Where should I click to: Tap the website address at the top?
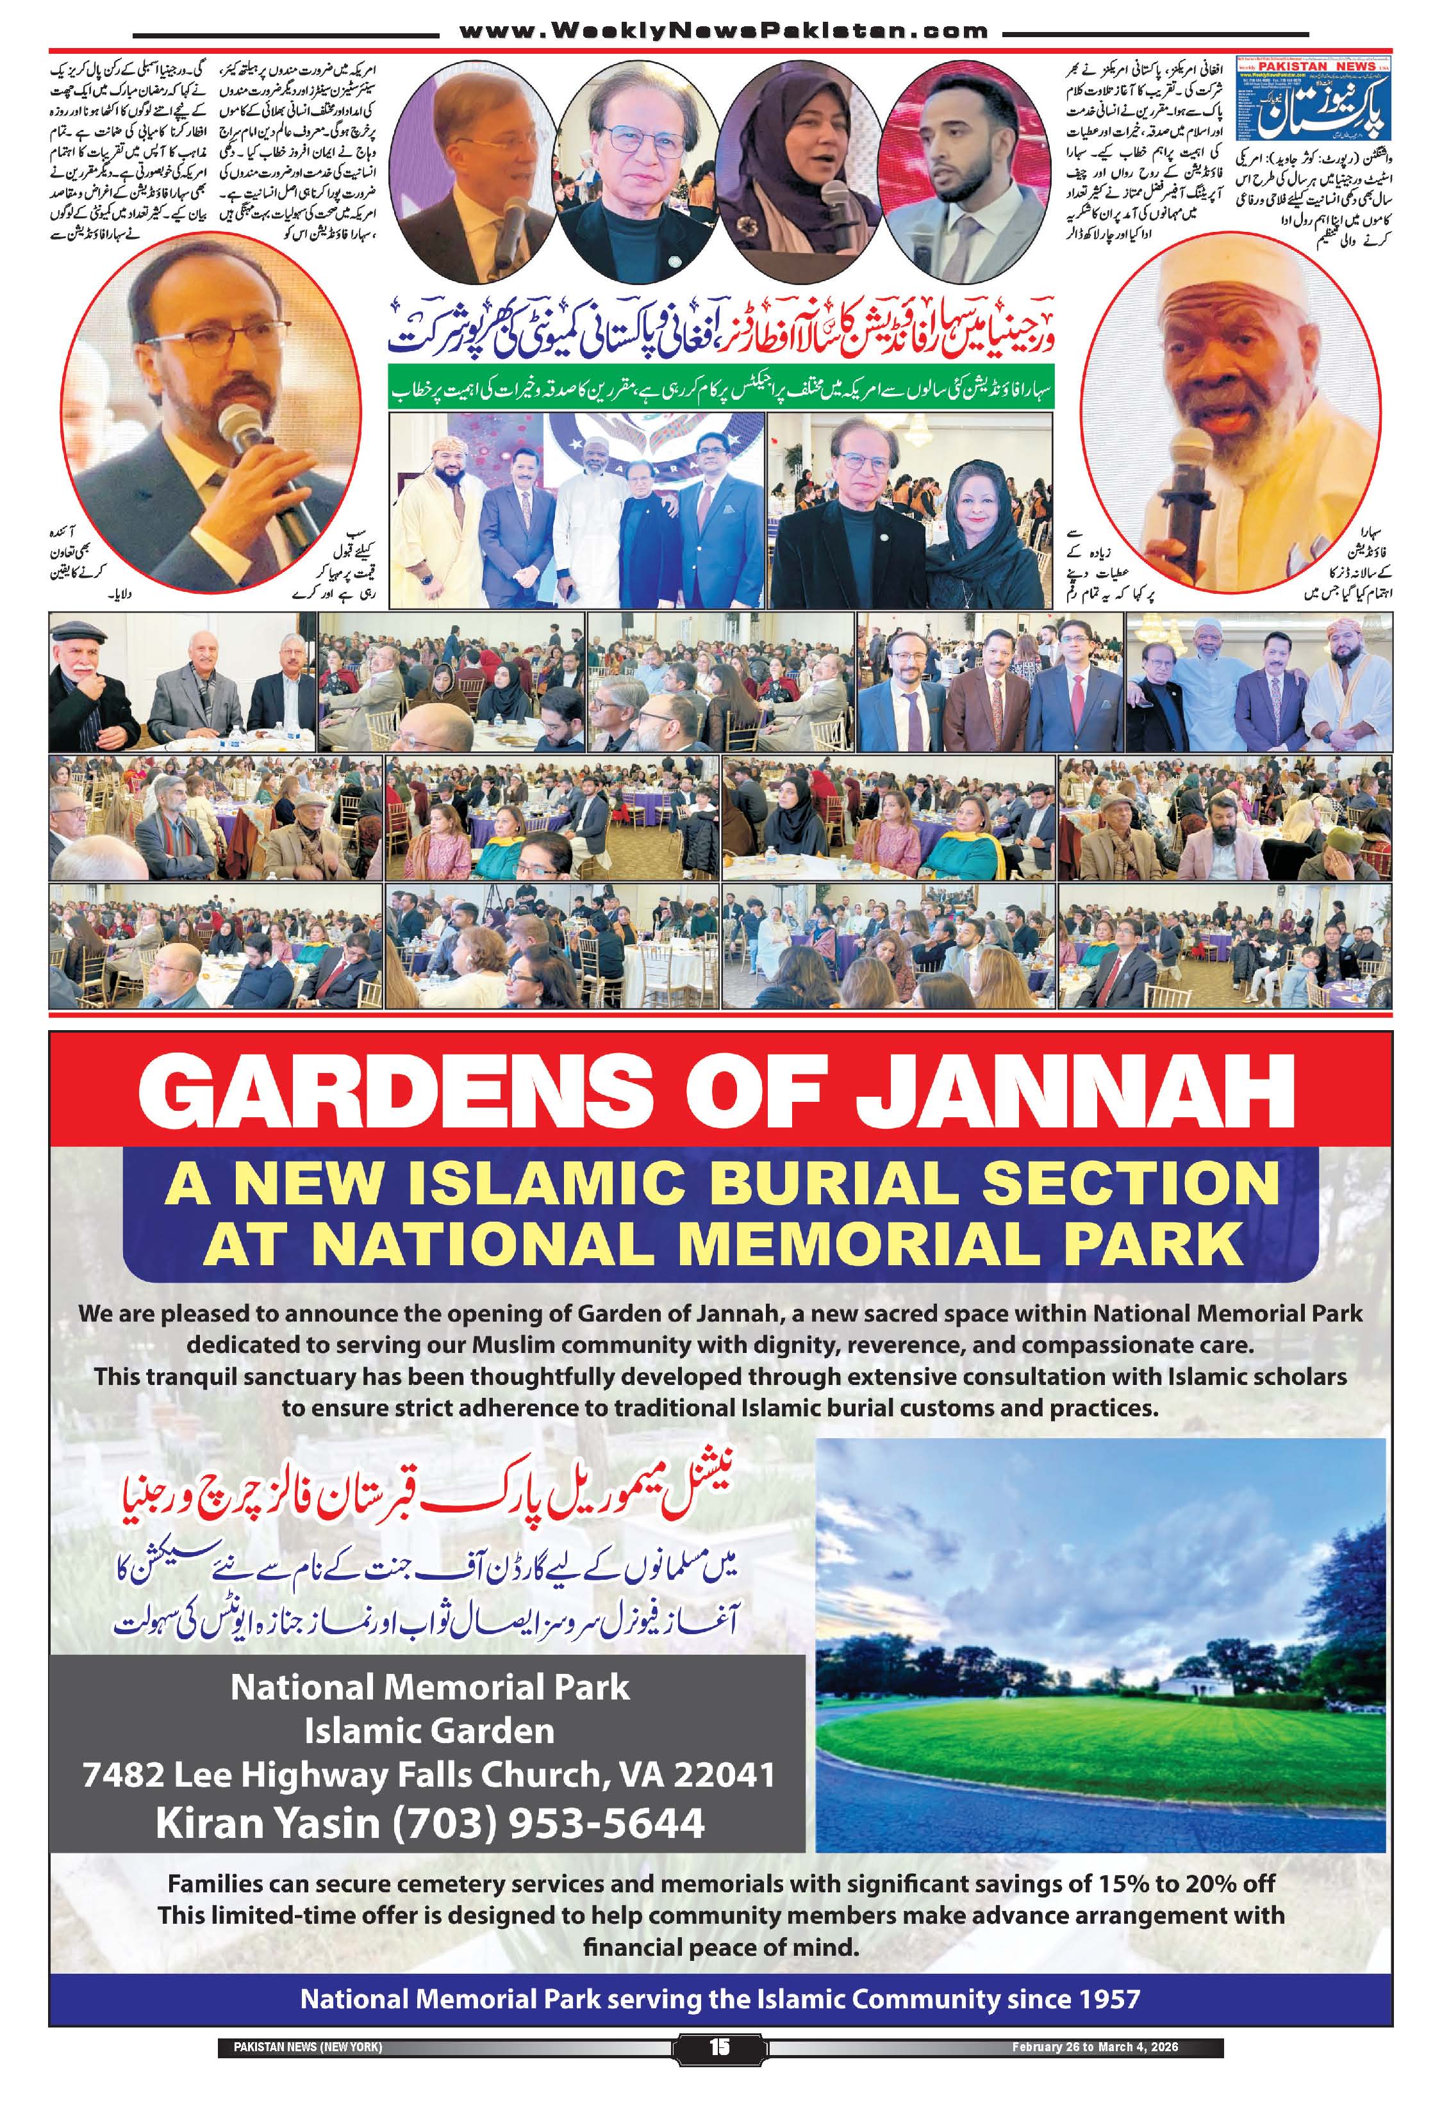point(724,31)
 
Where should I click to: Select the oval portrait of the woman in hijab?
point(803,168)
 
